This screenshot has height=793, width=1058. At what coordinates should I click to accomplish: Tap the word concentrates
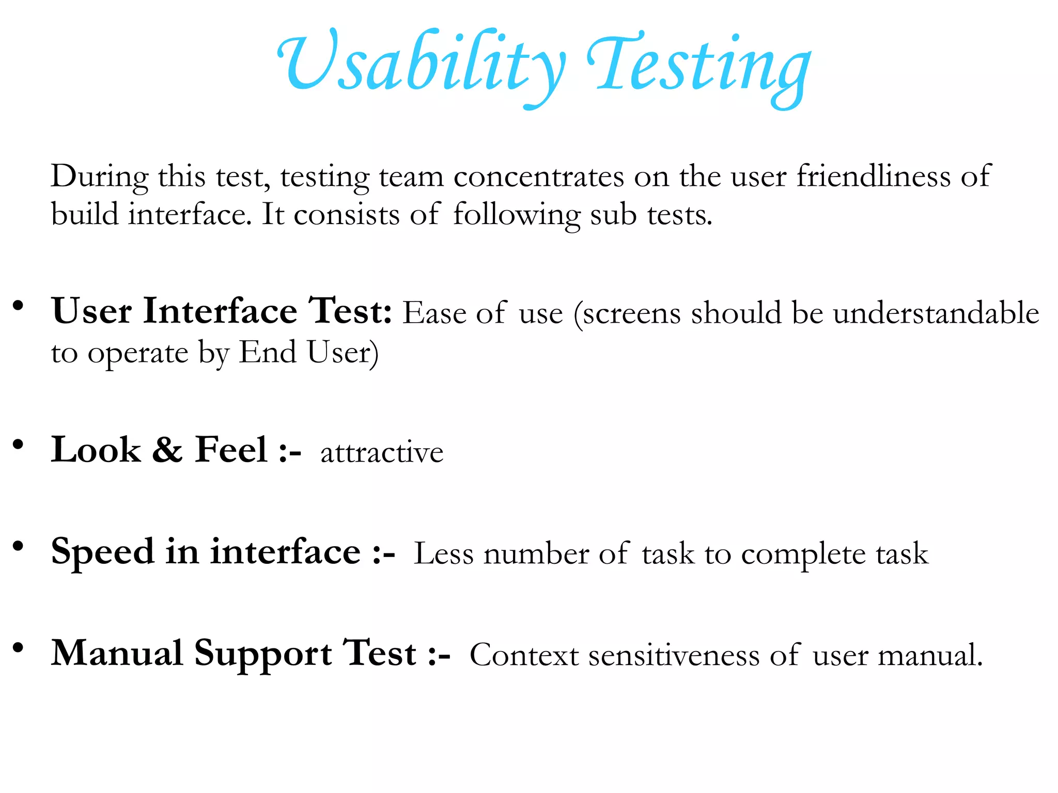coord(539,177)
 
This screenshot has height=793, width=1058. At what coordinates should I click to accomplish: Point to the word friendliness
coord(873,176)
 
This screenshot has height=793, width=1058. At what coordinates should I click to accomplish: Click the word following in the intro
coord(517,215)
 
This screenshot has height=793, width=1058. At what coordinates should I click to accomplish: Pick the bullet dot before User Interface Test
coord(19,306)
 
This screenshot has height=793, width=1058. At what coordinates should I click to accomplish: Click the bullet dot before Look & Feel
coord(19,444)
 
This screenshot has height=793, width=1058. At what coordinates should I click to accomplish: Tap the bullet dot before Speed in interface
coord(19,546)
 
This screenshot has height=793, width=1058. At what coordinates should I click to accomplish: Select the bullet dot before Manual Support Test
coord(19,647)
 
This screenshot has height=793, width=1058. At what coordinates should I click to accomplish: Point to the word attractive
coord(382,453)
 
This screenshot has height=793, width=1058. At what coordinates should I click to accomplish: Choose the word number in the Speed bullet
coord(536,554)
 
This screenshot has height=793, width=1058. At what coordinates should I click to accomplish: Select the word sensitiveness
coord(674,656)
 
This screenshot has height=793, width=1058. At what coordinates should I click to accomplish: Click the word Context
coord(524,656)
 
